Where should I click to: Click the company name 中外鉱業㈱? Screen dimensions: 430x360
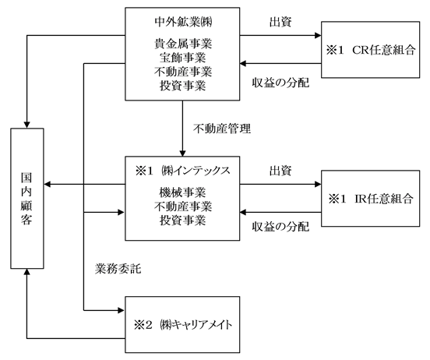[x=183, y=22]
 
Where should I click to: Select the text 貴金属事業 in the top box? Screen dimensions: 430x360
[x=183, y=44]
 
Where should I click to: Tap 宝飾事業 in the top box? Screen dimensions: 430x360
[x=183, y=58]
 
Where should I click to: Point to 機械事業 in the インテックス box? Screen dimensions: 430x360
[x=183, y=192]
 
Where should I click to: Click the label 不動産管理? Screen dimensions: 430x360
[x=222, y=129]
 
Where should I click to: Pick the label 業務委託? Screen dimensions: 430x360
[x=118, y=269]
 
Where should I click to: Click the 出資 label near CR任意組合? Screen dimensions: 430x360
[x=280, y=22]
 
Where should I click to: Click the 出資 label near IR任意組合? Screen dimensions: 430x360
[x=280, y=171]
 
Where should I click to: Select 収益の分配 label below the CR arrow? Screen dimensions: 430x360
[x=280, y=83]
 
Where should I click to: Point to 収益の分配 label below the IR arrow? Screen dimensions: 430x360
[x=280, y=227]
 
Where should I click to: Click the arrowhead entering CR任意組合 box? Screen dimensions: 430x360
[x=318, y=35]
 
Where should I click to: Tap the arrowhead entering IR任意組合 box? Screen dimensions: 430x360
[x=318, y=184]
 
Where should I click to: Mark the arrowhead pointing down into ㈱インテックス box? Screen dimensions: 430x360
[x=182, y=154]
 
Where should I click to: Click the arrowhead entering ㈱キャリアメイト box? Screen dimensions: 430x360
[x=121, y=310]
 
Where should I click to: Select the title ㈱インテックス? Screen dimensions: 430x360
[x=196, y=171]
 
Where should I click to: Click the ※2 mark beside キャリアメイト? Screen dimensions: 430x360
[x=143, y=325]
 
